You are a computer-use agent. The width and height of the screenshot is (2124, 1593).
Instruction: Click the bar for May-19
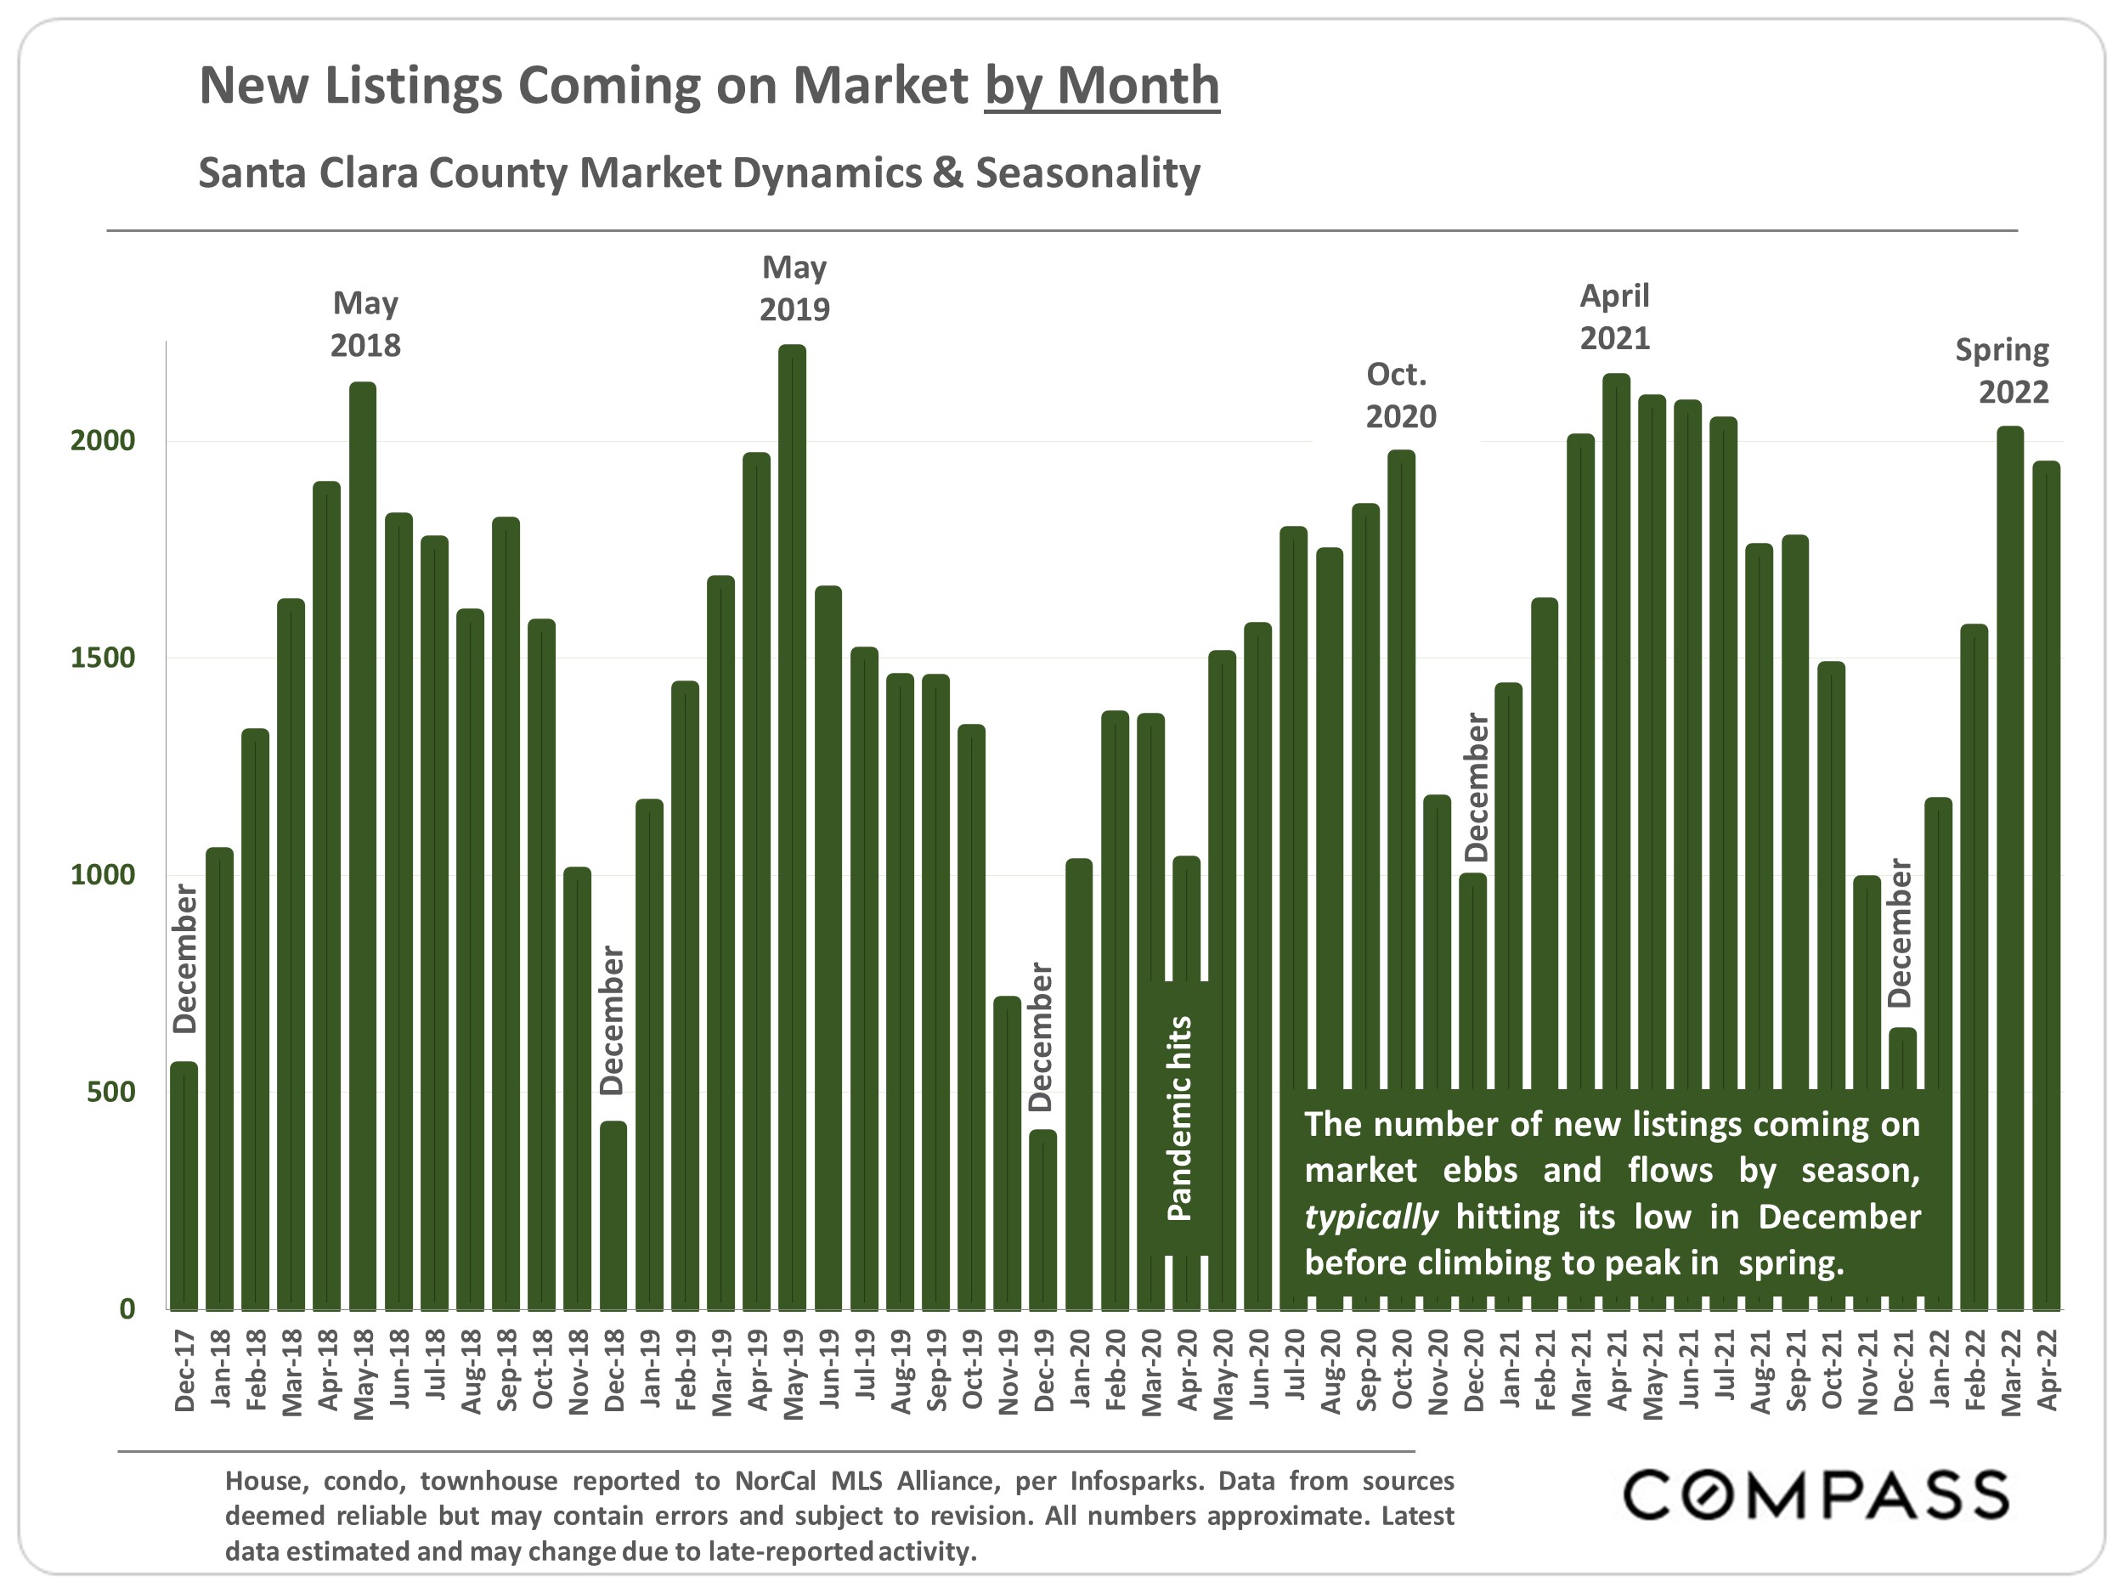coord(792,826)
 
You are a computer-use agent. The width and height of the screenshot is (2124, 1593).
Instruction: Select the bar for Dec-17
coord(184,1185)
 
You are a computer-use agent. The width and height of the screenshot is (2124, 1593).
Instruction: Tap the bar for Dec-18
coord(613,1215)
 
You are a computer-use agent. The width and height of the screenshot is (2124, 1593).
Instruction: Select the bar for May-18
coord(363,845)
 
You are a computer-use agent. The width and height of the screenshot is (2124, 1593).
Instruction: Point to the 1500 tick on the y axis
coord(102,658)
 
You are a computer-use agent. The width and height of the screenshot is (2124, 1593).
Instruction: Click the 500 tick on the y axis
coord(110,1092)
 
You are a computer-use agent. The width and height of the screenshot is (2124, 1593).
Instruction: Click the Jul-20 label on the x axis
coord(1293,1370)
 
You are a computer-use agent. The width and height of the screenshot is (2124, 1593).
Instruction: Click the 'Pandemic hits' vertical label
coord(1179,1119)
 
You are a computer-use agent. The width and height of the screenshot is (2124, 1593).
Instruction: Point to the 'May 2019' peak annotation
coord(794,288)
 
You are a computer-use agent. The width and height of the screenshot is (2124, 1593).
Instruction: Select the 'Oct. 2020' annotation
coord(1401,396)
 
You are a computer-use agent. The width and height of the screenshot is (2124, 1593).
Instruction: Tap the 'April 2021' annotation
coord(1615,317)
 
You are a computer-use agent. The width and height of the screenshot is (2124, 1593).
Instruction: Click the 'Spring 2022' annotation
coord(2003,370)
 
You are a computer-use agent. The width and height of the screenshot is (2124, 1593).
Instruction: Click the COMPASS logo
coord(1815,1496)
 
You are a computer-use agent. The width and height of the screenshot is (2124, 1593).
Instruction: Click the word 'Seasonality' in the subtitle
coord(1088,172)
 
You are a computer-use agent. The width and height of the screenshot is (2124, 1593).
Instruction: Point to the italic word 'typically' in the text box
coord(1370,1217)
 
